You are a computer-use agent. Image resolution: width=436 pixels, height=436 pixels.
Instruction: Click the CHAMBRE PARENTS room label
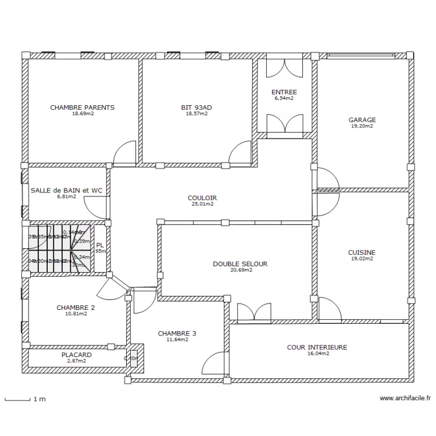(82, 108)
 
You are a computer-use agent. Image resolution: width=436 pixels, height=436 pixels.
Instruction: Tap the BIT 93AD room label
(196, 108)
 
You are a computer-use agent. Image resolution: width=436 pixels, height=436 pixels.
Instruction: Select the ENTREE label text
(284, 92)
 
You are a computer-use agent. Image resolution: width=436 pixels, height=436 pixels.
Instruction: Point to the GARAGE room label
(362, 120)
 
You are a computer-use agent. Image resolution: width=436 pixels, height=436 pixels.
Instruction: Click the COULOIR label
(202, 198)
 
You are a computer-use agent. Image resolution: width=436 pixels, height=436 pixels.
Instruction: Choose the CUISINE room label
(362, 252)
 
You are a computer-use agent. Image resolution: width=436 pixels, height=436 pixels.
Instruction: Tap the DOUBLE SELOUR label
(240, 263)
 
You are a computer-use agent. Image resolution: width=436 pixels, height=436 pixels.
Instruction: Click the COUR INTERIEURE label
(317, 347)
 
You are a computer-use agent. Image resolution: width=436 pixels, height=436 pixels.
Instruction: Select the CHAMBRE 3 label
(177, 333)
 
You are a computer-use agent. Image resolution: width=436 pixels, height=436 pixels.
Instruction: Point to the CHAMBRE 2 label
(76, 308)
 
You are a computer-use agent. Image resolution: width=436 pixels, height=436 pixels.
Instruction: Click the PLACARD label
(76, 355)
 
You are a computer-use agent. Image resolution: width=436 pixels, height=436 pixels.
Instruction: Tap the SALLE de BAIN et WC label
(66, 190)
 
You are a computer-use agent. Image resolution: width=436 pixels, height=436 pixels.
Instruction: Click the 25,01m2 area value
(202, 204)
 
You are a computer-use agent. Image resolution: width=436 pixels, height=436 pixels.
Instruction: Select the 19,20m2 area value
(362, 126)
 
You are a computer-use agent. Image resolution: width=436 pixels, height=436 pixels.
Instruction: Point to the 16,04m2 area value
(317, 353)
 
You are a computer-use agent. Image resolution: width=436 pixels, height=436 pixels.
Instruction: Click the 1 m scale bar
(17, 399)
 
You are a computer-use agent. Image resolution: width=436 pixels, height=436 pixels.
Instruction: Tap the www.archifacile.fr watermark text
(405, 399)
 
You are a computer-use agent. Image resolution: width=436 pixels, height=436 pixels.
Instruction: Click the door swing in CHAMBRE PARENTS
(125, 153)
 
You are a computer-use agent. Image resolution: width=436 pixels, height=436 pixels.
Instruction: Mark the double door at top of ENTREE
(284, 67)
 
